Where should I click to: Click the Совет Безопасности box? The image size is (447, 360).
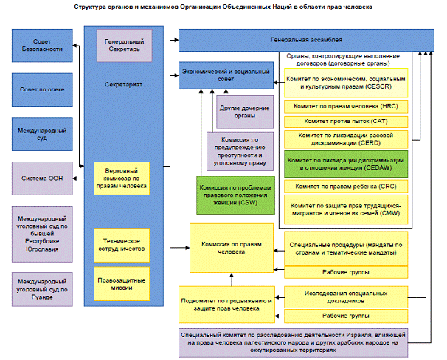[42, 45]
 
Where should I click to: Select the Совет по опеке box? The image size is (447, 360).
[42, 90]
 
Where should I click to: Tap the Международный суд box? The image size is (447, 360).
[42, 134]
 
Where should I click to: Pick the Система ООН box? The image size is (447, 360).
[42, 179]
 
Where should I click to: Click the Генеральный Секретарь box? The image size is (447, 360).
[125, 45]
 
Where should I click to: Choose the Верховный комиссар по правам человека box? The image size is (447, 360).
[122, 179]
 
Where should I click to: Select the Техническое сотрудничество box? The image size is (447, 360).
[122, 245]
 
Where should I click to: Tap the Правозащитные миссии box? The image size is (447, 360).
[122, 284]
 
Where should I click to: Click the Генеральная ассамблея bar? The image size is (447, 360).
[306, 40]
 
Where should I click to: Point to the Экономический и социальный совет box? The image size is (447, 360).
[226, 75]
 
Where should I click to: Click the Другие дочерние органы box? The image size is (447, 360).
[245, 112]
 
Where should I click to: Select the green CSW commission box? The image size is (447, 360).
[235, 195]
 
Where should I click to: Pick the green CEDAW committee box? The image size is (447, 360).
[346, 165]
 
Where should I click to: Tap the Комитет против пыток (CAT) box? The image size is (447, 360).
[346, 122]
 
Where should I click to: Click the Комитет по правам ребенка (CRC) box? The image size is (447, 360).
[346, 187]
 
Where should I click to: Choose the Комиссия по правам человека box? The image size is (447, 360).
[232, 248]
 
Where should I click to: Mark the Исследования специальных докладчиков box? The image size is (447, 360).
[346, 297]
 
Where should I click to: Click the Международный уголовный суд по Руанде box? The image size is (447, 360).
[42, 289]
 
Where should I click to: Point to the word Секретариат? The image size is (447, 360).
[123, 85]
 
